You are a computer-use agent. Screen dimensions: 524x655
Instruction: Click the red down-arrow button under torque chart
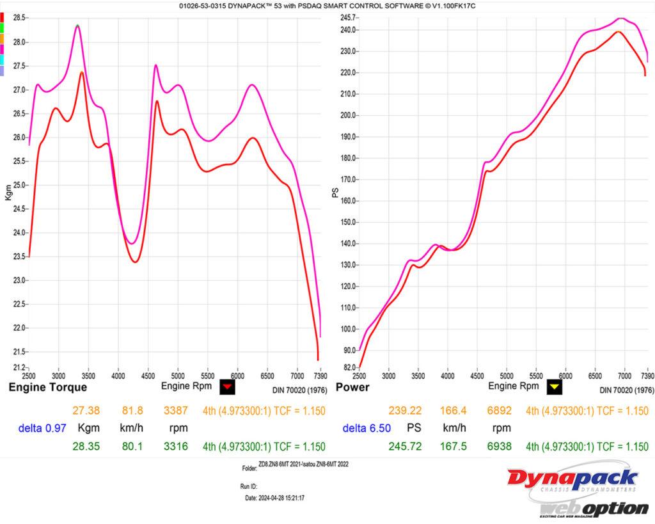(227, 386)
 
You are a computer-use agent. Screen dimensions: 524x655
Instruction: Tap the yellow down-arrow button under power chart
(554, 386)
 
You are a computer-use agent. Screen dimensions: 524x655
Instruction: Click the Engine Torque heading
(47, 387)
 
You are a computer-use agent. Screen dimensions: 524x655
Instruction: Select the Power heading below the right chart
(352, 387)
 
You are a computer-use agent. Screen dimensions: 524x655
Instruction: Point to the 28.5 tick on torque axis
(19, 18)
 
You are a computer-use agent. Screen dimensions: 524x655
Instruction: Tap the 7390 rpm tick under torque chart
(320, 376)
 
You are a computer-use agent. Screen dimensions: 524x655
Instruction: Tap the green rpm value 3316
(175, 447)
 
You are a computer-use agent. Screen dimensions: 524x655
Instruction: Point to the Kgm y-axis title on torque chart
(8, 193)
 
